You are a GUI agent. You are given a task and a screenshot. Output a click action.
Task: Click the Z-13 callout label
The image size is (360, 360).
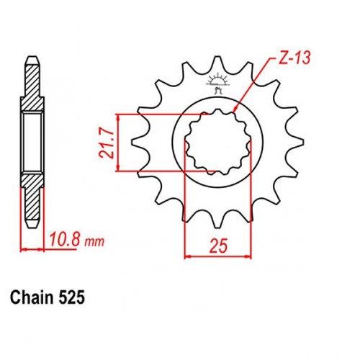pyautogui.click(x=294, y=58)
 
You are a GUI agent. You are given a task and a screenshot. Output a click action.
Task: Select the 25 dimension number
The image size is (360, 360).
pyautogui.click(x=218, y=246)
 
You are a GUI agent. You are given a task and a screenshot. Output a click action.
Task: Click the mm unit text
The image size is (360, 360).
pyautogui.click(x=94, y=242)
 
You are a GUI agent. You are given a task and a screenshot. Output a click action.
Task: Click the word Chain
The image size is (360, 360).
pyautogui.click(x=32, y=297)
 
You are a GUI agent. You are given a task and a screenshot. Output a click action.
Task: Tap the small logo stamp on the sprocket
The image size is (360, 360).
pyautogui.click(x=218, y=83)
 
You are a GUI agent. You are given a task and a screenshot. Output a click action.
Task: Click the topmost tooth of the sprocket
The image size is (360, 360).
pyautogui.click(x=217, y=63)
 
